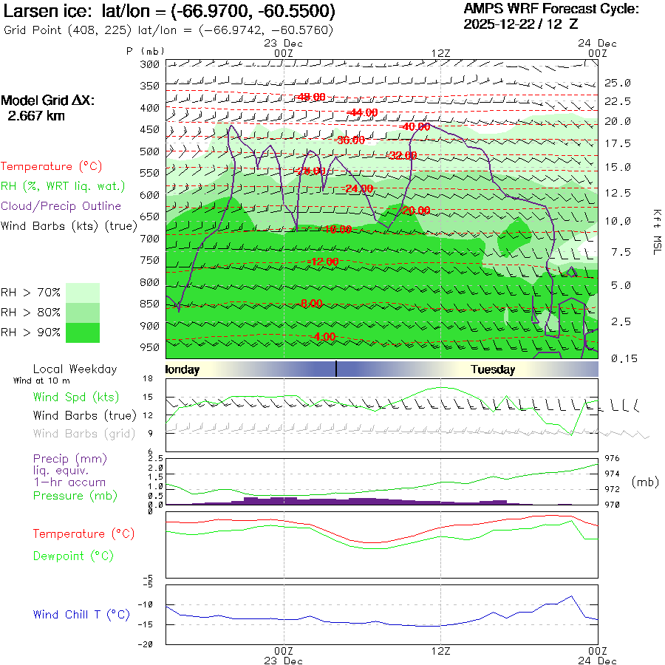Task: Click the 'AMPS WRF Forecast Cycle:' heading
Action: coord(550,9)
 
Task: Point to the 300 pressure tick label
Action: coord(150,64)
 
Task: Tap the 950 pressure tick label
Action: coord(150,347)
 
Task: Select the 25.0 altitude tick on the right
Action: coord(617,83)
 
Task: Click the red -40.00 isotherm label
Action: coord(414,126)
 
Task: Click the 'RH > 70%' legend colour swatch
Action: coord(83,293)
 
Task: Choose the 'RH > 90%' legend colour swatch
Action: coord(83,332)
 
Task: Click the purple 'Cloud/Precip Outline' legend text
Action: coord(61,206)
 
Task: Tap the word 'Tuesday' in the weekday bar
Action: coord(493,369)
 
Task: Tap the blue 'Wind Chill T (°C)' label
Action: coord(81,615)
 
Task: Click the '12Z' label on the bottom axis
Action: coord(441,650)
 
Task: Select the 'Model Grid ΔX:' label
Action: coord(48,101)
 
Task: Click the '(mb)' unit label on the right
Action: coord(645,482)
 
